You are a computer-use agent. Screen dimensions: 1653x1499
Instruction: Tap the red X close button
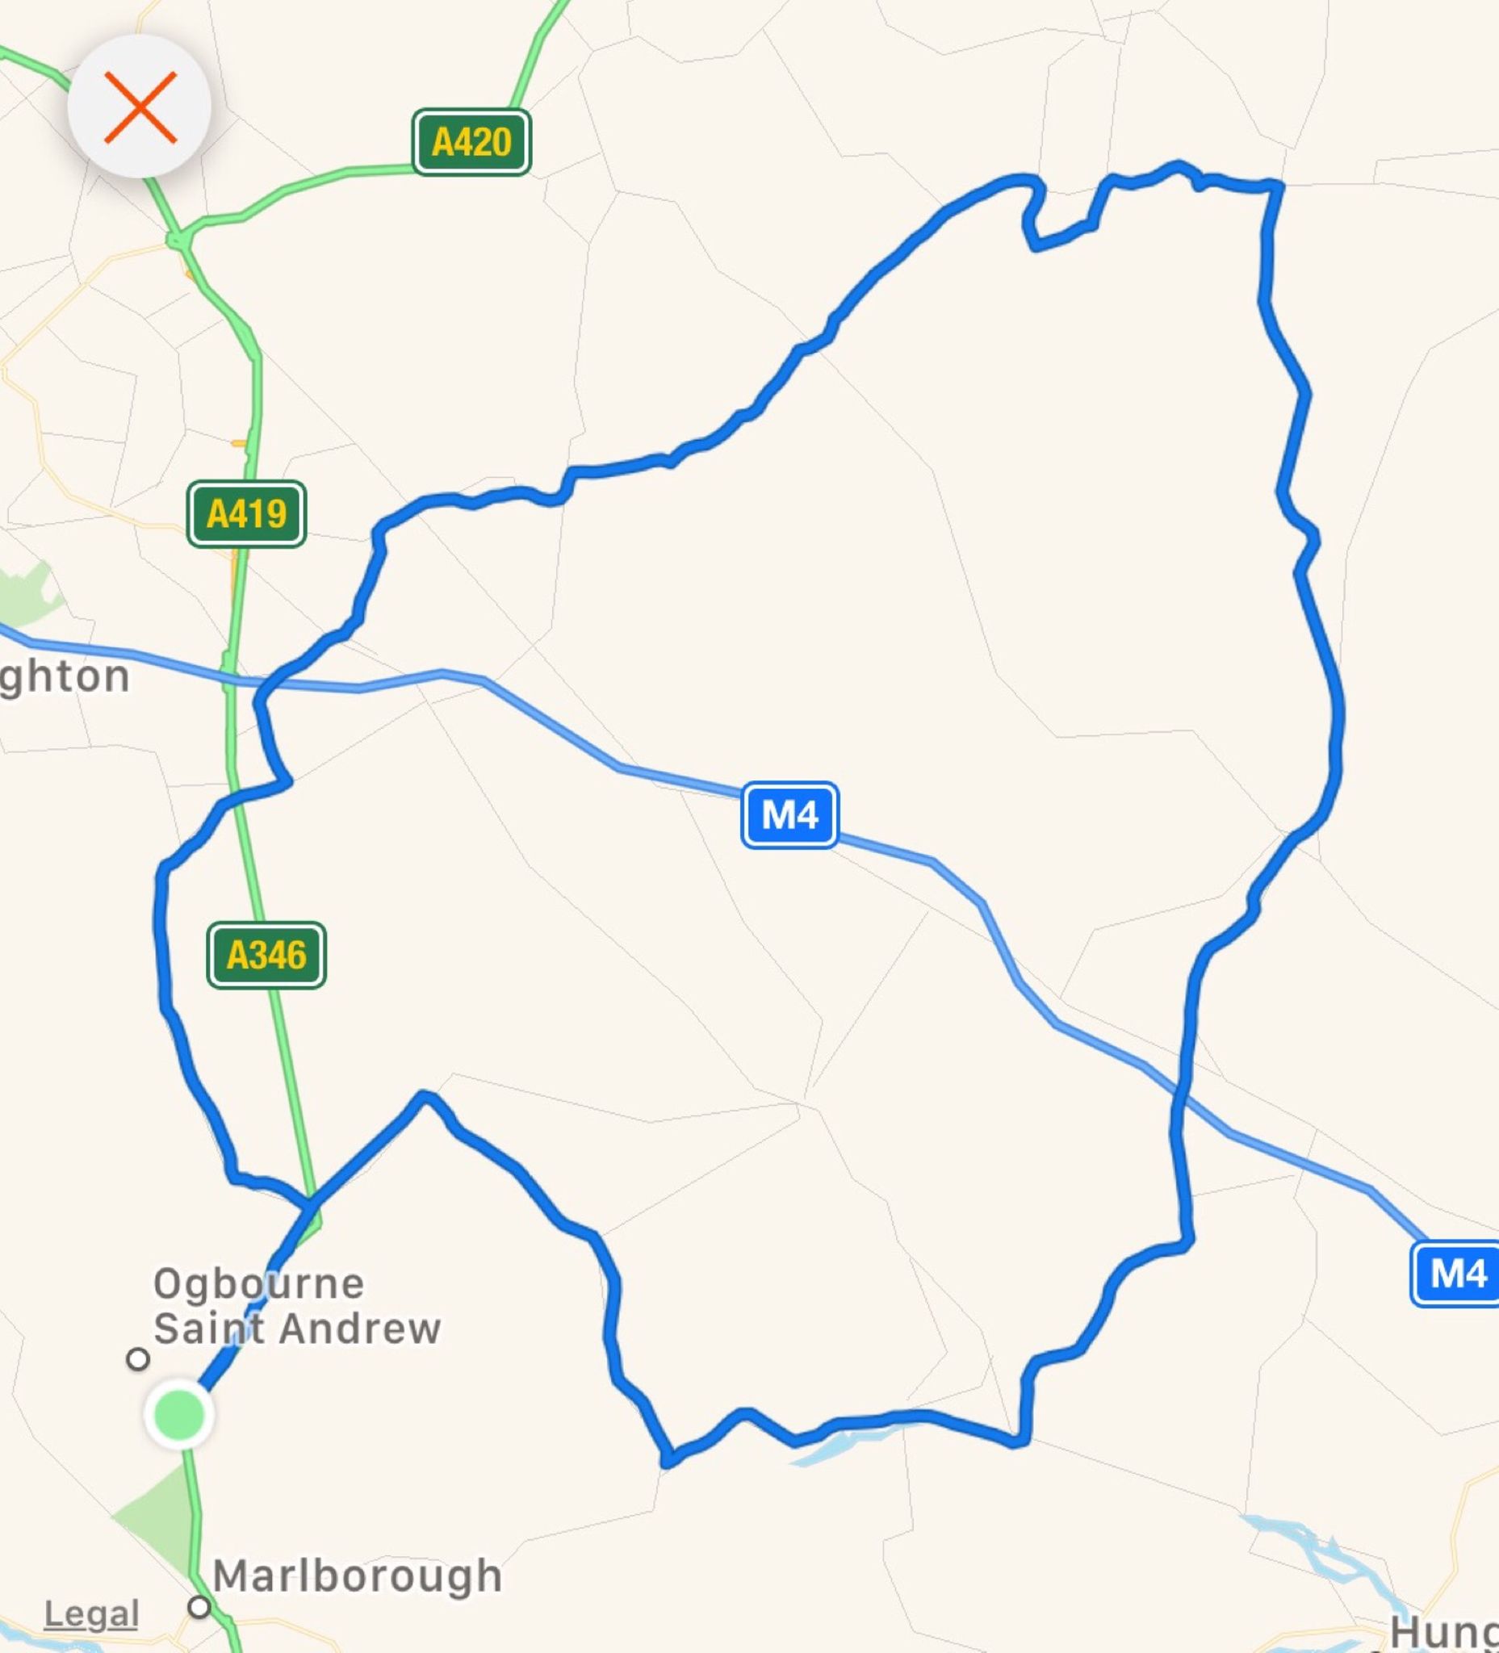(140, 107)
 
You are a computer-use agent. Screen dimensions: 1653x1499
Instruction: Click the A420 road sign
(471, 142)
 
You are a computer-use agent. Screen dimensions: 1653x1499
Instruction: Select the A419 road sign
(246, 514)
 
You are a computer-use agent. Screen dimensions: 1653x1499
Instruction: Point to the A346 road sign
(266, 954)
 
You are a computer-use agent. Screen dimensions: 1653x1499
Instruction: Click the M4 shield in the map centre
(789, 815)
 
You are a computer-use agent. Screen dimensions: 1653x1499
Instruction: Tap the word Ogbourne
(258, 1283)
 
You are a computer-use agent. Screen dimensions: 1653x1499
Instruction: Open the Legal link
(91, 1613)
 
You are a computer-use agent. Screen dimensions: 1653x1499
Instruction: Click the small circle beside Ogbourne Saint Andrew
(138, 1358)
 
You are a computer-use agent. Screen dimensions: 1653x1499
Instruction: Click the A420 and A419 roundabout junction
(177, 240)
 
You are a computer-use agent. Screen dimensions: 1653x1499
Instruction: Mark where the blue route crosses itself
(309, 1203)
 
